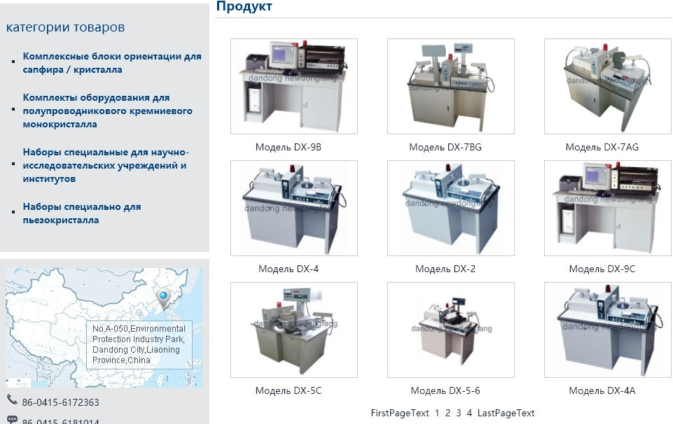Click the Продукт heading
coord(244,7)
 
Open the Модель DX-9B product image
coord(294,86)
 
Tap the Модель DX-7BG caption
coord(445,147)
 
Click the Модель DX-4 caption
coord(289,269)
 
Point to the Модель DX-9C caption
coord(602,269)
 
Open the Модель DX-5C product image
coord(294,330)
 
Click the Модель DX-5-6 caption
coord(445,390)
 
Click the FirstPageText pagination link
coord(400,413)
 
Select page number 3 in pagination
coord(459,413)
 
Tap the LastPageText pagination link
coord(506,413)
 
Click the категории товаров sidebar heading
coord(65,27)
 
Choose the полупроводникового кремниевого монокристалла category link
coord(107,111)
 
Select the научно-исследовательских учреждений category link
coord(106,165)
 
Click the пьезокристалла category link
coord(82,213)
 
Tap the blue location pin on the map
coord(164,297)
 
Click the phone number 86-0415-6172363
coord(60,402)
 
